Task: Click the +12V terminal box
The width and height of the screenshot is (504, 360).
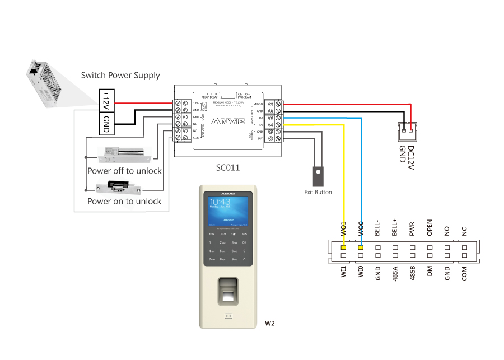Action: [x=106, y=101]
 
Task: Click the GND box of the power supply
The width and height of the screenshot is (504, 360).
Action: [x=106, y=123]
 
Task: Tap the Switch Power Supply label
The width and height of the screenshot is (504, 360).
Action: [x=120, y=75]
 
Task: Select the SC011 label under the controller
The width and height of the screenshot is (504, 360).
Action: [x=228, y=167]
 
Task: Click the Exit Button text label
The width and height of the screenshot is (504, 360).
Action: [x=318, y=193]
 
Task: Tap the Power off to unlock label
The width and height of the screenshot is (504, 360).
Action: [x=124, y=171]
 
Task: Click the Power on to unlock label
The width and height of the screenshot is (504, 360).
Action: [x=124, y=201]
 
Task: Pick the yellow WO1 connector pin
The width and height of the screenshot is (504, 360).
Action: [x=344, y=247]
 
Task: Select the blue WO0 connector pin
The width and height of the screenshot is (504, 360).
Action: [x=361, y=247]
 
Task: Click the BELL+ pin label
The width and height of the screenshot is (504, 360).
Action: [x=395, y=227]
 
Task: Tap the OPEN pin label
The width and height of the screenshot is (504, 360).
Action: [x=430, y=229]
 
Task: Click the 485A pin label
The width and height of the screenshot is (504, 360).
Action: [x=395, y=273]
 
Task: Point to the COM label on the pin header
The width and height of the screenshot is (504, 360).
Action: [x=464, y=273]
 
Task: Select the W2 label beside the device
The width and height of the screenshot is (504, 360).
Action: [x=269, y=324]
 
